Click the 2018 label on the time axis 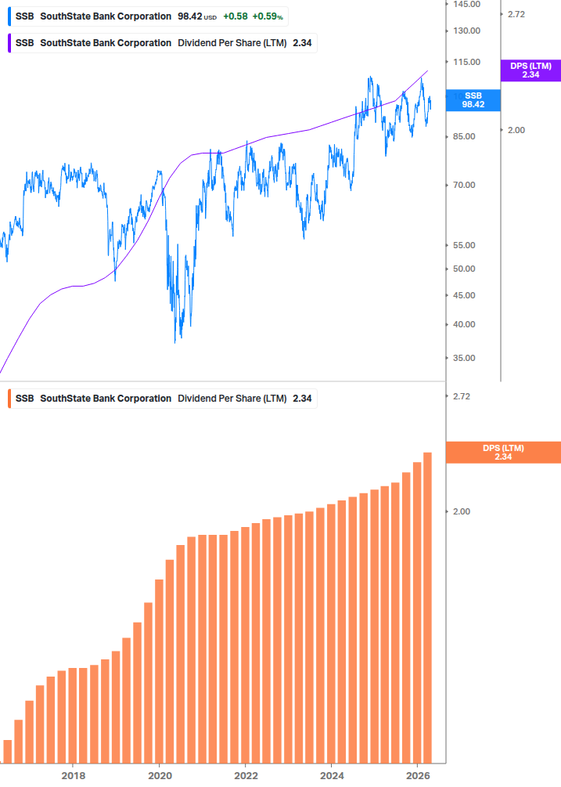pyautogui.click(x=73, y=776)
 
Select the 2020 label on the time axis pyautogui.click(x=159, y=776)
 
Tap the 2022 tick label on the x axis pyautogui.click(x=246, y=776)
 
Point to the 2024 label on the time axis pyautogui.click(x=332, y=776)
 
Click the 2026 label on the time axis pyautogui.click(x=419, y=776)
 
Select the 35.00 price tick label pyautogui.click(x=465, y=359)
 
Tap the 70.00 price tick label pyautogui.click(x=465, y=186)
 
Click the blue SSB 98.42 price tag pyautogui.click(x=473, y=99)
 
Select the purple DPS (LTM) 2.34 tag pyautogui.click(x=530, y=70)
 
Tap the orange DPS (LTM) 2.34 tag pyautogui.click(x=503, y=453)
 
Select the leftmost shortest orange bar pyautogui.click(x=8, y=751)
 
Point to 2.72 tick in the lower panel pyautogui.click(x=462, y=396)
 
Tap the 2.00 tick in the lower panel pyautogui.click(x=462, y=511)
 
